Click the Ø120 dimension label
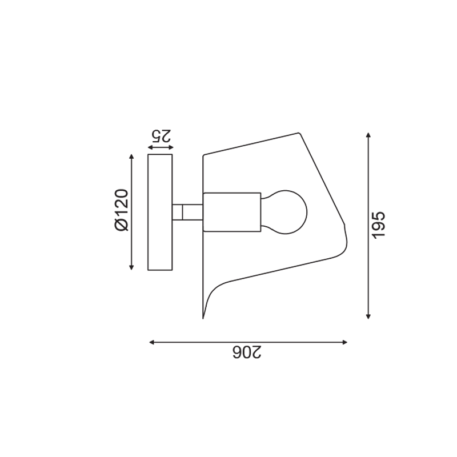click(122, 210)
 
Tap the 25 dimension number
click(161, 135)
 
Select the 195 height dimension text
click(379, 225)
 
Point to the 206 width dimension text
click(247, 352)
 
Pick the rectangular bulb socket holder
click(232, 212)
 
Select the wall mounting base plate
click(160, 212)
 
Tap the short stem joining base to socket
click(187, 212)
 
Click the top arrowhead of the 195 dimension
click(368, 135)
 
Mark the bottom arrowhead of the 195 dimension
click(368, 316)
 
